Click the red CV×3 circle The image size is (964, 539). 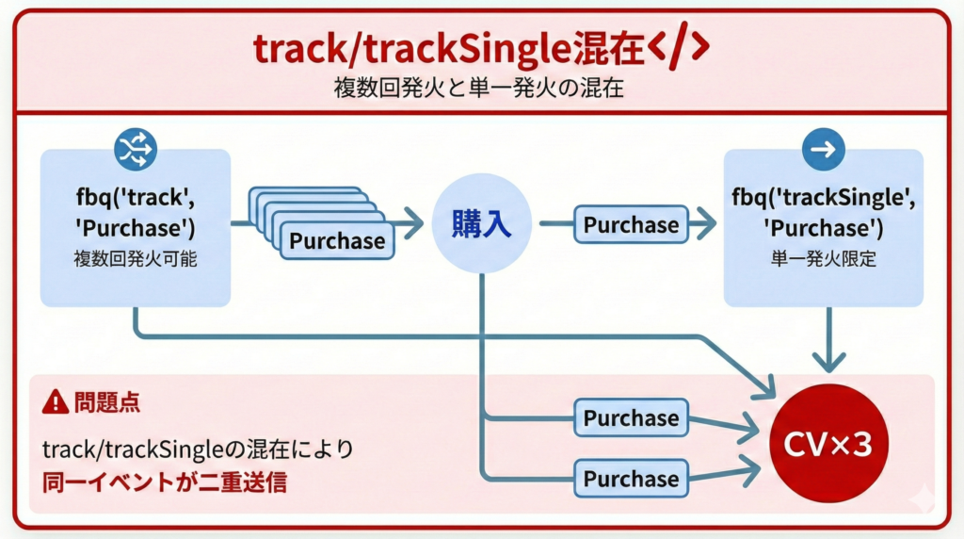828,443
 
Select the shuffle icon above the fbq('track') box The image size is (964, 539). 136,150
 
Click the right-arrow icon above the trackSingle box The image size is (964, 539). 823,150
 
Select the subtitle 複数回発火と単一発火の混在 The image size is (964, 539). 481,88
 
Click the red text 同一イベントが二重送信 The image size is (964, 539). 164,483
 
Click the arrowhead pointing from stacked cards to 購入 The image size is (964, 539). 412,225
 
